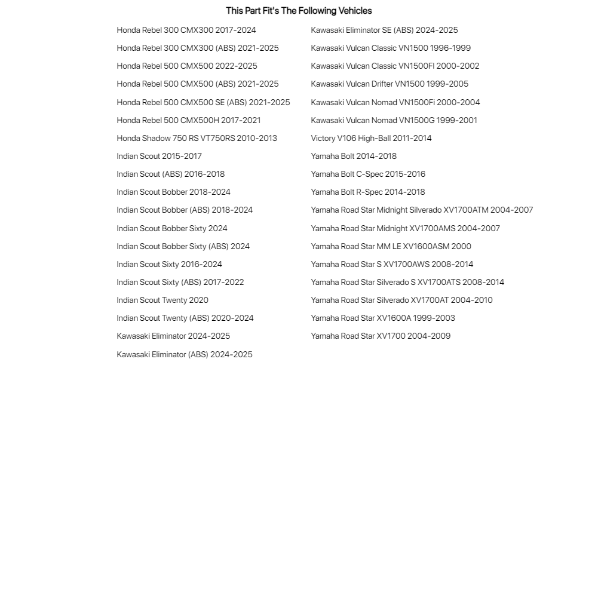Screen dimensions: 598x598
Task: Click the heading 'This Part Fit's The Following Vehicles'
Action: [299, 11]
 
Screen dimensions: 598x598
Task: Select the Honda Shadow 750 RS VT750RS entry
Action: [197, 138]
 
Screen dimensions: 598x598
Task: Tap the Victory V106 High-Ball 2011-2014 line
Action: [371, 138]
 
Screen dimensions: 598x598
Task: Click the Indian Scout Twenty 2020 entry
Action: [162, 300]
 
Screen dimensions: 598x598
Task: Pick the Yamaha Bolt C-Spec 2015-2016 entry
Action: [368, 174]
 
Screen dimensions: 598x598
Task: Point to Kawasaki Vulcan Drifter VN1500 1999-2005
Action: [390, 84]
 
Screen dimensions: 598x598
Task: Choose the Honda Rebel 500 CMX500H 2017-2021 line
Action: [189, 120]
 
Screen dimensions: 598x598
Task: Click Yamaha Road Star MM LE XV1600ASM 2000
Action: [391, 246]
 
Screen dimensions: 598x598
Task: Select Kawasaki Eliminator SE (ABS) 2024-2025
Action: [384, 30]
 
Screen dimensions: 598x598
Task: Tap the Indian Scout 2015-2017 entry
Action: [159, 156]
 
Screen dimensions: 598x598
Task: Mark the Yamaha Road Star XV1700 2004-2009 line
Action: [381, 336]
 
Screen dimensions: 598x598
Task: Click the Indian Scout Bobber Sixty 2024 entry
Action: [172, 228]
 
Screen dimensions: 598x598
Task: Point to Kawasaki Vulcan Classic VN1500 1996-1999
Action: [391, 48]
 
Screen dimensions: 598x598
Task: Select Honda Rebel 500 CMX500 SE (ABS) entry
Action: [203, 102]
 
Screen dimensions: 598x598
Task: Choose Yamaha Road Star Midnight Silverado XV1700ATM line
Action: [422, 210]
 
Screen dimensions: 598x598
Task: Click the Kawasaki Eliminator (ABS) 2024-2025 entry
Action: [185, 354]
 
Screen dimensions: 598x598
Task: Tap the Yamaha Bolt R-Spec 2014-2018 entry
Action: [368, 192]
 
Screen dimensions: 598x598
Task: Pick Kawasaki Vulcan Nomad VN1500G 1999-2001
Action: [394, 120]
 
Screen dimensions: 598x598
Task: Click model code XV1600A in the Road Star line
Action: [394, 318]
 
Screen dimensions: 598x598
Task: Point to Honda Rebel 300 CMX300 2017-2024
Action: [186, 30]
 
